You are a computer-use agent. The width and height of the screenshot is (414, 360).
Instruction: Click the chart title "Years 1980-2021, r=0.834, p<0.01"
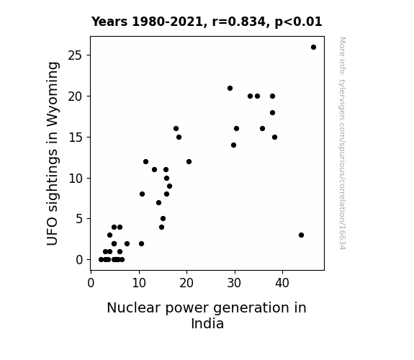207,22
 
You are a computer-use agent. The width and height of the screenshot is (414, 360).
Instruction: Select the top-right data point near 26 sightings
313,48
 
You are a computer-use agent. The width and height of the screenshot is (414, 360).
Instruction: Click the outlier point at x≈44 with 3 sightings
301,235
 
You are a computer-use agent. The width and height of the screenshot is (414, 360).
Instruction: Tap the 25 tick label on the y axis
75,55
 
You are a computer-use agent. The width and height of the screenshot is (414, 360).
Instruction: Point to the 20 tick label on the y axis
75,96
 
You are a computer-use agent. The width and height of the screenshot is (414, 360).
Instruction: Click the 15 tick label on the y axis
75,138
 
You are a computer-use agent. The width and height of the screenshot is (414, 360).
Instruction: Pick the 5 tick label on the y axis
79,219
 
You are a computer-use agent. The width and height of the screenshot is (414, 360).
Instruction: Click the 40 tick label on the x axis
282,283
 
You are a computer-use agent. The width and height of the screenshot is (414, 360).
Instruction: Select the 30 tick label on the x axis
234,283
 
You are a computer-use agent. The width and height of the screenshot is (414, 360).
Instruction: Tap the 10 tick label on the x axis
139,283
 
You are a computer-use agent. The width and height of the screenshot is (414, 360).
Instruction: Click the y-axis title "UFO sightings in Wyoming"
52,153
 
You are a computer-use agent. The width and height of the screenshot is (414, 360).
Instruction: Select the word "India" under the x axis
207,323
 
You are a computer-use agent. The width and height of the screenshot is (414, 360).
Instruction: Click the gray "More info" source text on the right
342,143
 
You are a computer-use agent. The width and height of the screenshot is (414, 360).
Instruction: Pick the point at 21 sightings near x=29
230,89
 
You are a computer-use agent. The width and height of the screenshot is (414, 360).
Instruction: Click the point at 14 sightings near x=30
234,145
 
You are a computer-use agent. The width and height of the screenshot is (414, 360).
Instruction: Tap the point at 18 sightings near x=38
272,113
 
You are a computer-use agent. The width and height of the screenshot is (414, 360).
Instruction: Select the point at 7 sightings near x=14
158,202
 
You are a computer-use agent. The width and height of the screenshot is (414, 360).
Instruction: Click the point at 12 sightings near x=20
189,162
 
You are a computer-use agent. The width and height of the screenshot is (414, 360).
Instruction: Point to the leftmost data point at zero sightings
101,260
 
